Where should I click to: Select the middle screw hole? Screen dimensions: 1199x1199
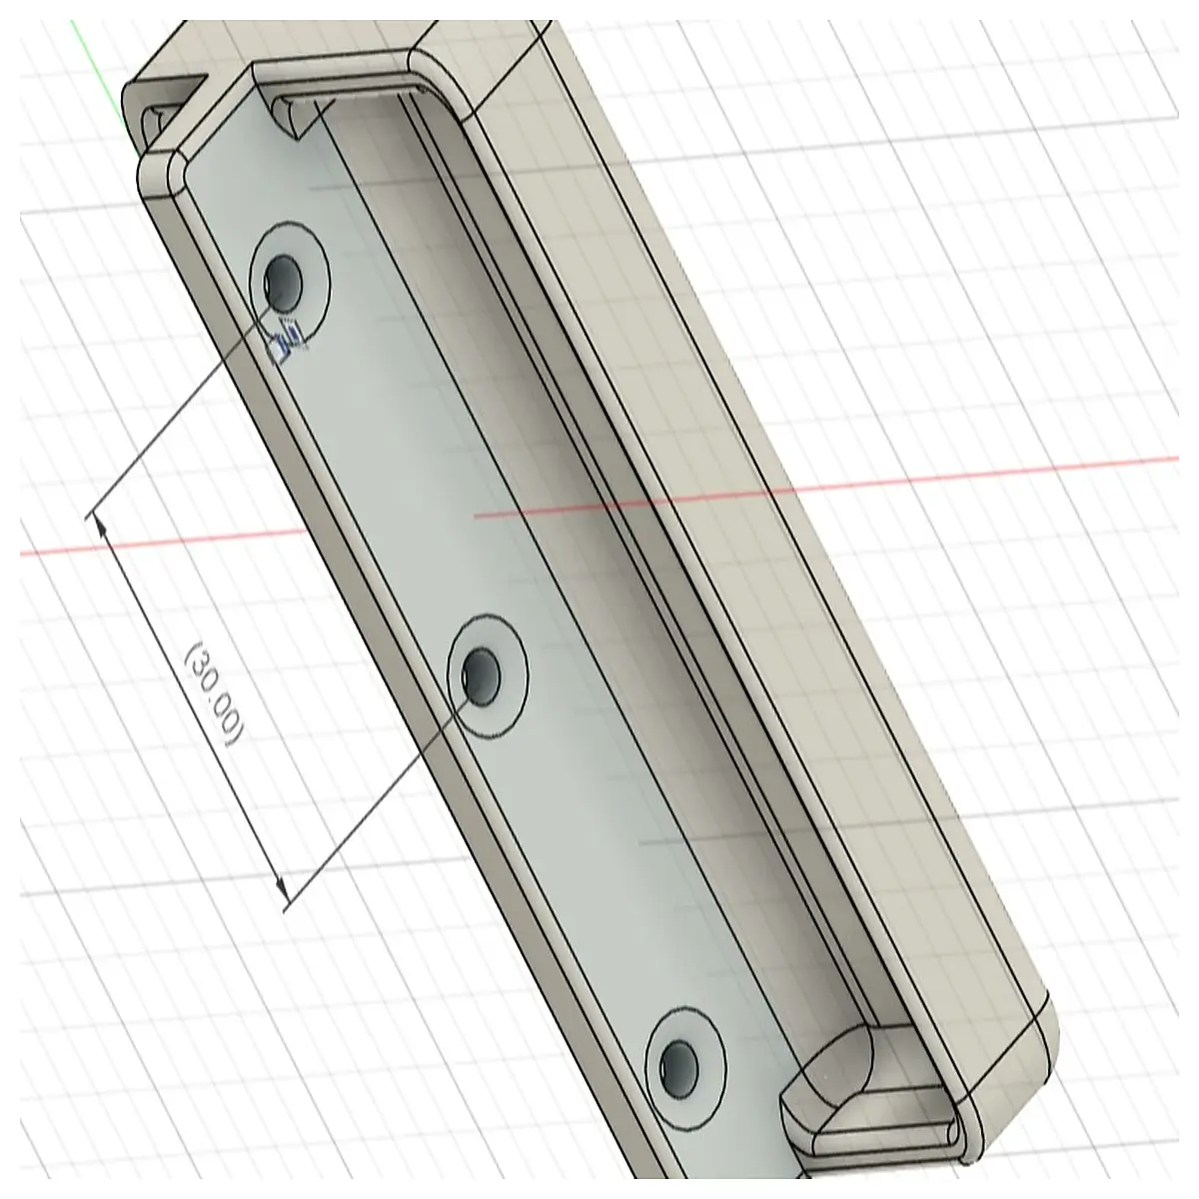[482, 676]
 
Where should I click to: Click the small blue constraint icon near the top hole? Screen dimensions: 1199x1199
[286, 339]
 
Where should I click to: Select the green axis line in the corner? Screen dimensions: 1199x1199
[97, 70]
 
